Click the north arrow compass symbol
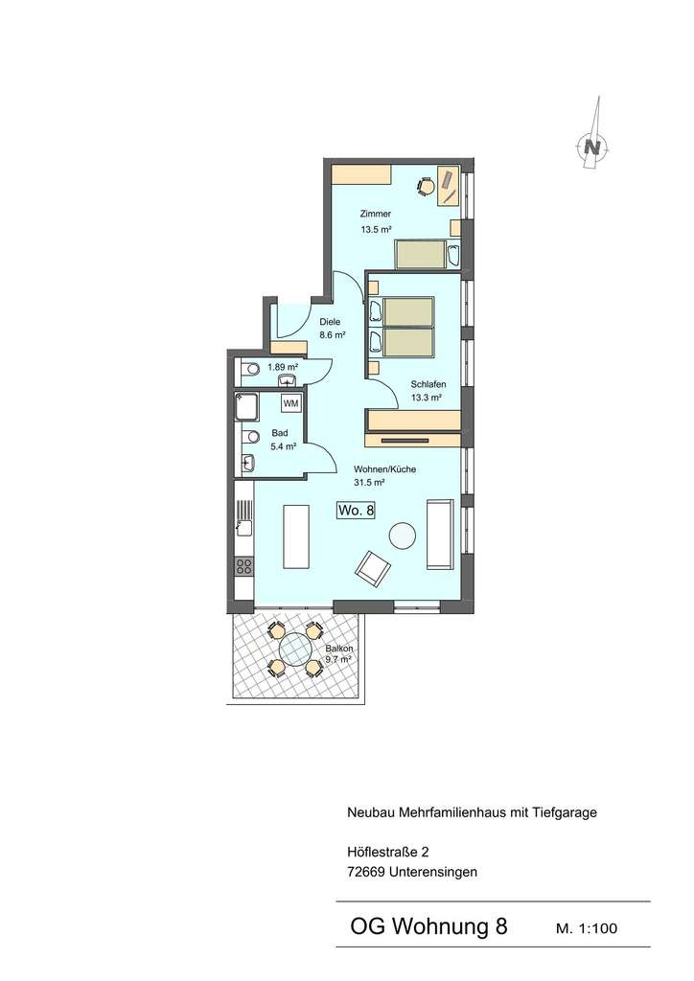click(593, 147)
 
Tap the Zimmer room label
click(376, 215)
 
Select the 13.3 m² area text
click(427, 397)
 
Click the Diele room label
click(330, 322)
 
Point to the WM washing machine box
click(290, 403)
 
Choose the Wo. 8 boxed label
click(355, 512)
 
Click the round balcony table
click(294, 649)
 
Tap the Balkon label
click(338, 648)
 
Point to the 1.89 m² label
click(282, 367)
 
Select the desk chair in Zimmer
click(425, 187)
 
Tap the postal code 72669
click(366, 872)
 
